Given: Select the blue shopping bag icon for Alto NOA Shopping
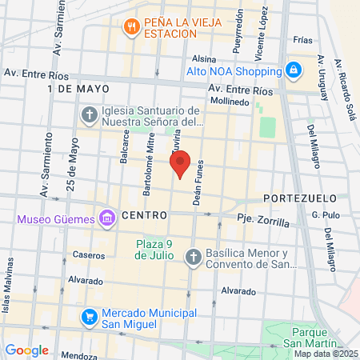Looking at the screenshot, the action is [294, 70].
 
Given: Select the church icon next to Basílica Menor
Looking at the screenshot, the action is [193, 257].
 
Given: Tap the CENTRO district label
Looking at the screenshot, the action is [145, 216].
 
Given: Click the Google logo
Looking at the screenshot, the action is [26, 350].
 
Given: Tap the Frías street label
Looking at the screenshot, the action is [302, 38].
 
